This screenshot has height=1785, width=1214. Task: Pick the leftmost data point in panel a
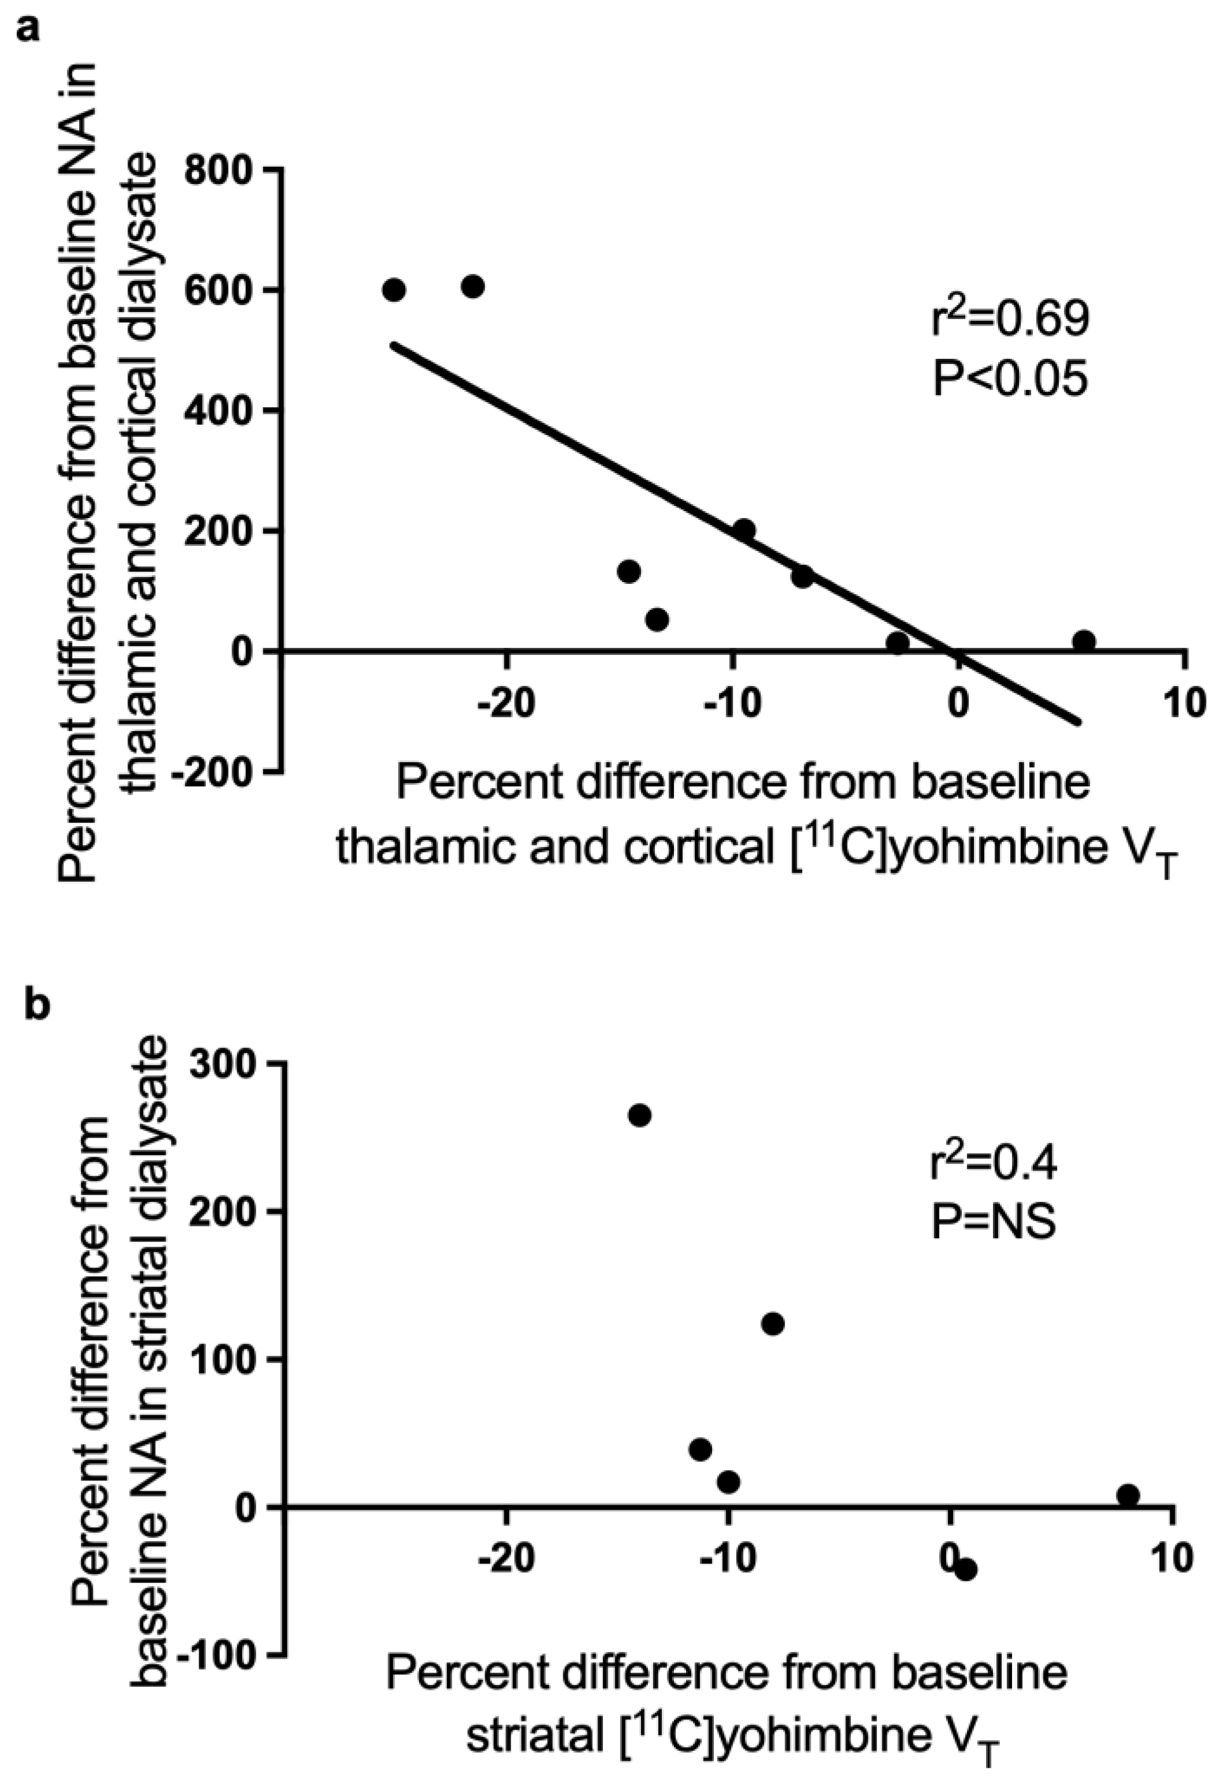click(394, 290)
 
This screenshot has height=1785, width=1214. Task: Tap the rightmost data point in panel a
click(1084, 640)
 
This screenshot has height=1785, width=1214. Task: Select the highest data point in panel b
click(639, 1115)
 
